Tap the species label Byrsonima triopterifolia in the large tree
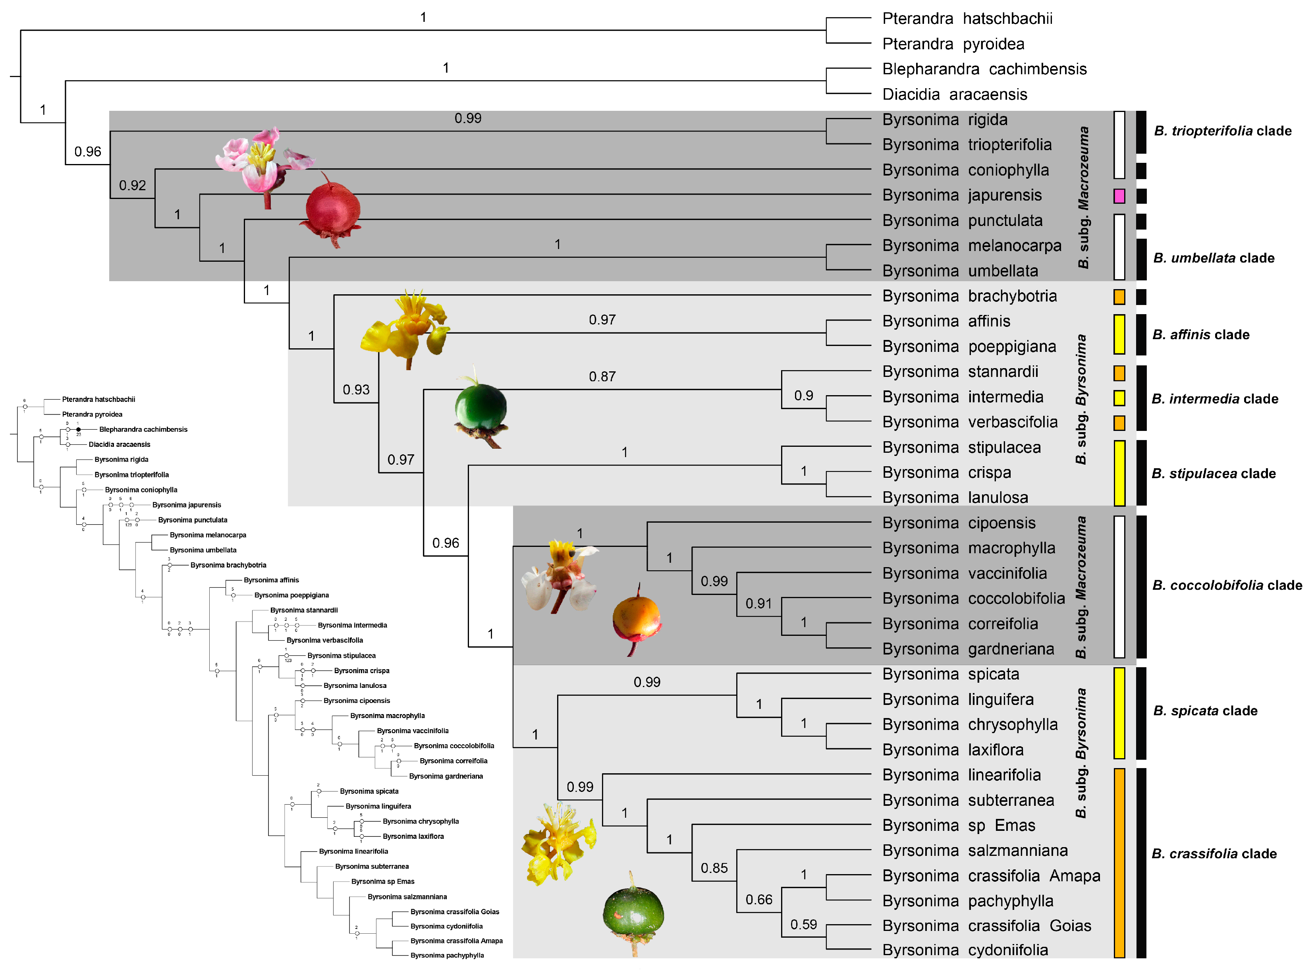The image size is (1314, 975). coord(967,145)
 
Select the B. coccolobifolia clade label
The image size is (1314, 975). coord(1227,585)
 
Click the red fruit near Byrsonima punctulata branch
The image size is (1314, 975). coord(333,210)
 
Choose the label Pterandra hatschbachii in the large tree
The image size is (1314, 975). coord(967,19)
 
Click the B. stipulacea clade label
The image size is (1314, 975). coord(1213,473)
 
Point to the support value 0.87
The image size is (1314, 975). coord(602,376)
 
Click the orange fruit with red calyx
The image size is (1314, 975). coord(636,620)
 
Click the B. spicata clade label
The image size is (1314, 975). coord(1205,710)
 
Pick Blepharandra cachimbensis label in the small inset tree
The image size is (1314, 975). coord(143,430)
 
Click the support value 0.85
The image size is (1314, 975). coord(714,868)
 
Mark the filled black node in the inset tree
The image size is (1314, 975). coord(79,430)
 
